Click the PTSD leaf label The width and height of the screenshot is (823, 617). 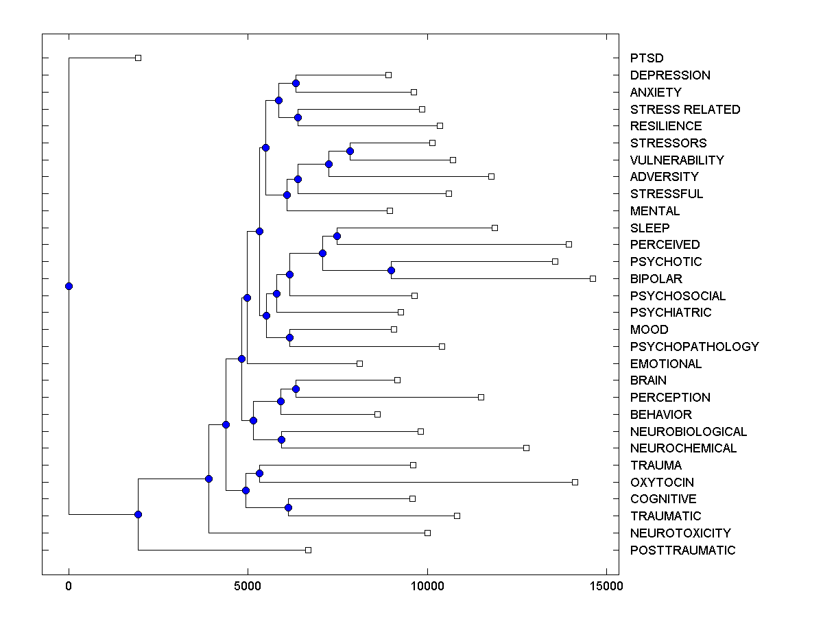pyautogui.click(x=647, y=58)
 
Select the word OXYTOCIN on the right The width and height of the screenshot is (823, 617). pyautogui.click(x=662, y=482)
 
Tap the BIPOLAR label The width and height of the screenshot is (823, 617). pyautogui.click(x=656, y=279)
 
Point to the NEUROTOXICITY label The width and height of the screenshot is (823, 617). pyautogui.click(x=680, y=533)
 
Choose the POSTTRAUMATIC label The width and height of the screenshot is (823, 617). pyautogui.click(x=682, y=550)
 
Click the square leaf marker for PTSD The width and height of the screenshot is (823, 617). pyautogui.click(x=138, y=58)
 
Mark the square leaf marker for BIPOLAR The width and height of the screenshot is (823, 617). pyautogui.click(x=593, y=278)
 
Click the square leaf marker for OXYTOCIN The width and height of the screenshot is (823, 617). pyautogui.click(x=575, y=482)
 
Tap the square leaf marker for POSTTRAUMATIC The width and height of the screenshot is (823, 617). pyautogui.click(x=308, y=550)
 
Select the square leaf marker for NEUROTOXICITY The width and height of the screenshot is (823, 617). pyautogui.click(x=427, y=533)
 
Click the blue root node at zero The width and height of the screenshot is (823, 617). pyautogui.click(x=69, y=286)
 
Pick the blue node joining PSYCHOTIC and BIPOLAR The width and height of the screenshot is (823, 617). pyautogui.click(x=391, y=270)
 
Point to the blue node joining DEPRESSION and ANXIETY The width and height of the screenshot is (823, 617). pyautogui.click(x=296, y=84)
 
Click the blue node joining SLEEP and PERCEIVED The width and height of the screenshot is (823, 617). pyautogui.click(x=337, y=236)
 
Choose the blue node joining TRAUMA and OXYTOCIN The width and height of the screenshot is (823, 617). pyautogui.click(x=259, y=473)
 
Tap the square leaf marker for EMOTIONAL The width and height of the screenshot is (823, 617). pyautogui.click(x=359, y=363)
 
